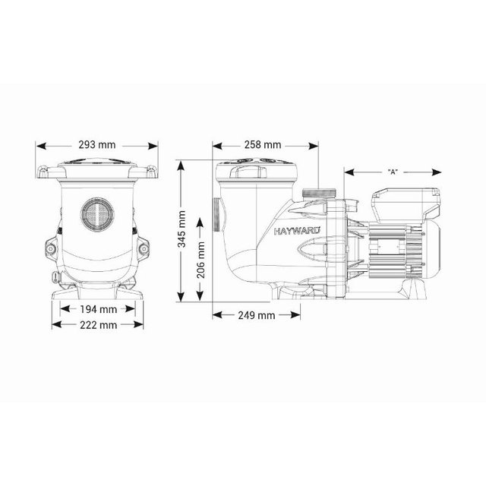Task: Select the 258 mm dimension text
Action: [x=263, y=144]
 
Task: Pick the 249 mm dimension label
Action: [x=256, y=314]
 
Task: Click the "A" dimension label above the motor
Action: [x=393, y=172]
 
